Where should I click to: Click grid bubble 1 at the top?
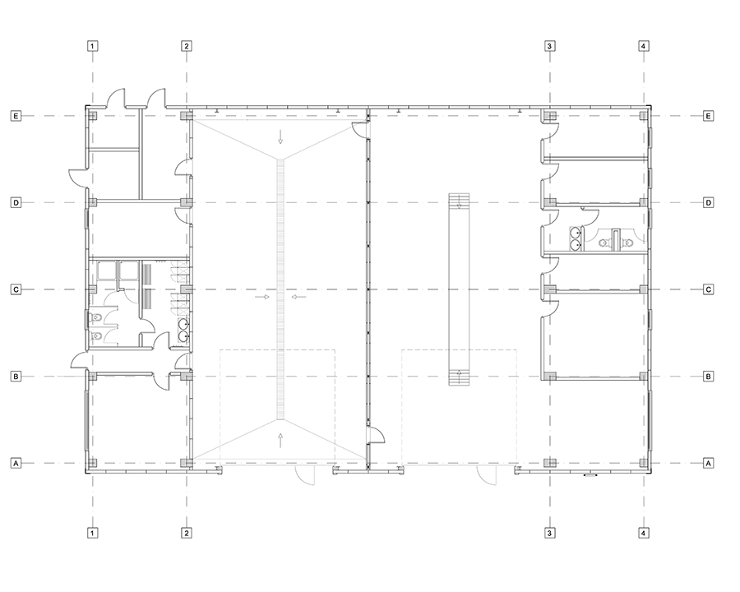tap(92, 46)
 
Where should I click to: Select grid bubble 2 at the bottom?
tap(187, 533)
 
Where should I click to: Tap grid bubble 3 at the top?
tap(549, 46)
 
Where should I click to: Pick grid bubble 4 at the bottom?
tap(644, 533)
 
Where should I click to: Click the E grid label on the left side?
tap(16, 116)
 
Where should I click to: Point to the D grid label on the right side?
tap(709, 202)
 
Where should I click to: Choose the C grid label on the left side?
tap(16, 289)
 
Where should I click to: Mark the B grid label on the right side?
tap(709, 377)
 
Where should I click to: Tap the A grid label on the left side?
tap(16, 463)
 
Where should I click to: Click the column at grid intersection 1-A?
tap(93, 463)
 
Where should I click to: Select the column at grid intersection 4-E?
tap(644, 116)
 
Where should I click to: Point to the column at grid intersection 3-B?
tap(550, 377)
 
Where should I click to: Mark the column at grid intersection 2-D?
tap(186, 202)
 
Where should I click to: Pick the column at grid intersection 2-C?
tap(186, 289)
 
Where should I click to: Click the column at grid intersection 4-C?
tap(644, 289)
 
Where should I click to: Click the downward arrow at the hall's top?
tap(280, 136)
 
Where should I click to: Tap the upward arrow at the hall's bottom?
tap(280, 441)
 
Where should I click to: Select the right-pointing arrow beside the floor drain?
tap(262, 297)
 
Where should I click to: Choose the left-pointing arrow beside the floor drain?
tap(298, 297)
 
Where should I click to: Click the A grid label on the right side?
tap(709, 463)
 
